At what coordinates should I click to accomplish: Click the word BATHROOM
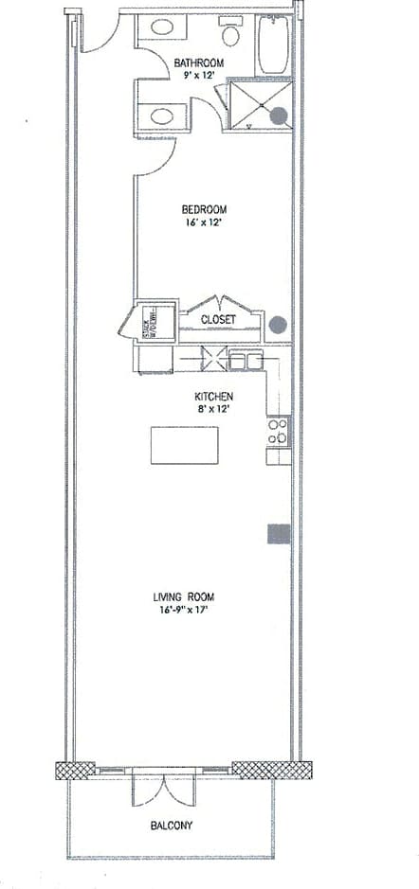(198, 64)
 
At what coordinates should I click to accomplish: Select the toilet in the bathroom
(229, 35)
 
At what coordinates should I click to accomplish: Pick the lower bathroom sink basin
(161, 117)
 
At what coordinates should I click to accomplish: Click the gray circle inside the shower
(279, 116)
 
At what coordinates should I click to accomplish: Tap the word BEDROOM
(204, 209)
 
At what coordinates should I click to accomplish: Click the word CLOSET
(217, 320)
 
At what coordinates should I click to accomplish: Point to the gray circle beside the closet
(278, 324)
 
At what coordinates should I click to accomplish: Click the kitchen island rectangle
(184, 445)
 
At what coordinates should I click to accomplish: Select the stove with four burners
(278, 432)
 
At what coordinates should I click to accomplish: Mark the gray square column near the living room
(278, 533)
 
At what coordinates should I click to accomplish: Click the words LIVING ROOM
(184, 597)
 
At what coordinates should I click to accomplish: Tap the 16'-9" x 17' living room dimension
(184, 611)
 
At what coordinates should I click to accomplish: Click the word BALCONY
(172, 826)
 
